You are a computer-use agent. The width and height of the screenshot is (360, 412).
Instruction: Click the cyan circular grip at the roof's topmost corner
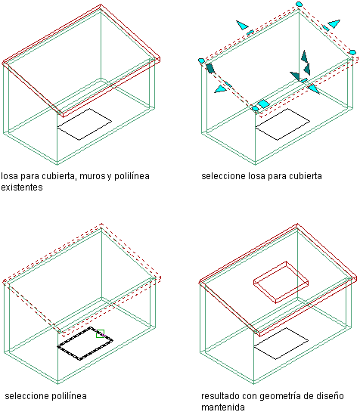[x=299, y=4]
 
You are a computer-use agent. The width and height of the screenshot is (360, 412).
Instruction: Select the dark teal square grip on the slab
[x=210, y=68]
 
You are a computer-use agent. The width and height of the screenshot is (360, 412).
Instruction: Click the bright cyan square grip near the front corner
[x=263, y=104]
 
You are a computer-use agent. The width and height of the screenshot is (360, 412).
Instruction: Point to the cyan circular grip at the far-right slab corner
[x=352, y=52]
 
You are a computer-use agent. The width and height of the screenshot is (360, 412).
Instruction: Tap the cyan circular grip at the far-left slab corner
[x=201, y=60]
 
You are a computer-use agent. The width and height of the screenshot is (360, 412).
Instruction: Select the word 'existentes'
[x=22, y=187]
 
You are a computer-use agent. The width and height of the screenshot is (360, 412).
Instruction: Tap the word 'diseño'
[x=330, y=396]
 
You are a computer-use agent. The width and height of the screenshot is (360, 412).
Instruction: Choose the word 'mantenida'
[x=223, y=407]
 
